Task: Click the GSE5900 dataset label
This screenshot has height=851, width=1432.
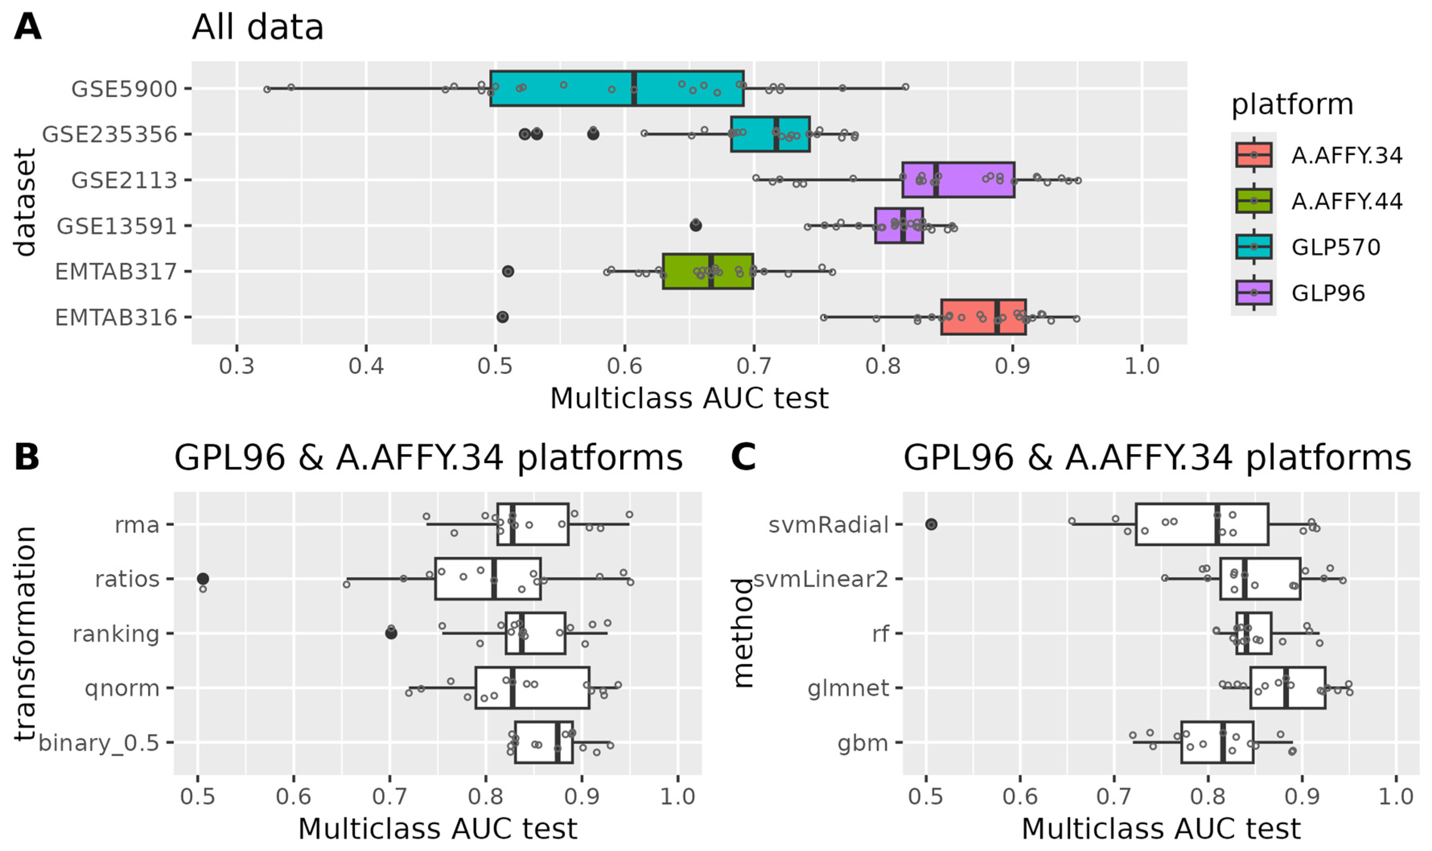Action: point(124,89)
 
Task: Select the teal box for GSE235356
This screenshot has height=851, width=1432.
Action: point(770,134)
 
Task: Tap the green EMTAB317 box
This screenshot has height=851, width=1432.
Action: point(708,271)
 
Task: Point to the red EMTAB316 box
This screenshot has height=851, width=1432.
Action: point(983,317)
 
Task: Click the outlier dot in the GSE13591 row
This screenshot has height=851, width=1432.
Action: point(695,226)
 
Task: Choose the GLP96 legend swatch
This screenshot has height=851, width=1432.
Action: point(1253,293)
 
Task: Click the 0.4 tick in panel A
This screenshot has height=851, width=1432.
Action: point(366,366)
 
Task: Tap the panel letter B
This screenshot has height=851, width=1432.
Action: point(27,457)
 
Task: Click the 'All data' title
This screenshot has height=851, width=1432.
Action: point(257,27)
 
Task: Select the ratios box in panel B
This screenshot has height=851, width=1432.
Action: point(488,578)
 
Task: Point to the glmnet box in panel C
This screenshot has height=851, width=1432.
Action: point(1288,687)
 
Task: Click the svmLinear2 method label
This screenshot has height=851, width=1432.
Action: point(821,579)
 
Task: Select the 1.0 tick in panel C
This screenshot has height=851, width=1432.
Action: point(1396,796)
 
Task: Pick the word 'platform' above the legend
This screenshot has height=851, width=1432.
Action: point(1292,105)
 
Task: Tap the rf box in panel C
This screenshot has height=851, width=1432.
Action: point(1253,633)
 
